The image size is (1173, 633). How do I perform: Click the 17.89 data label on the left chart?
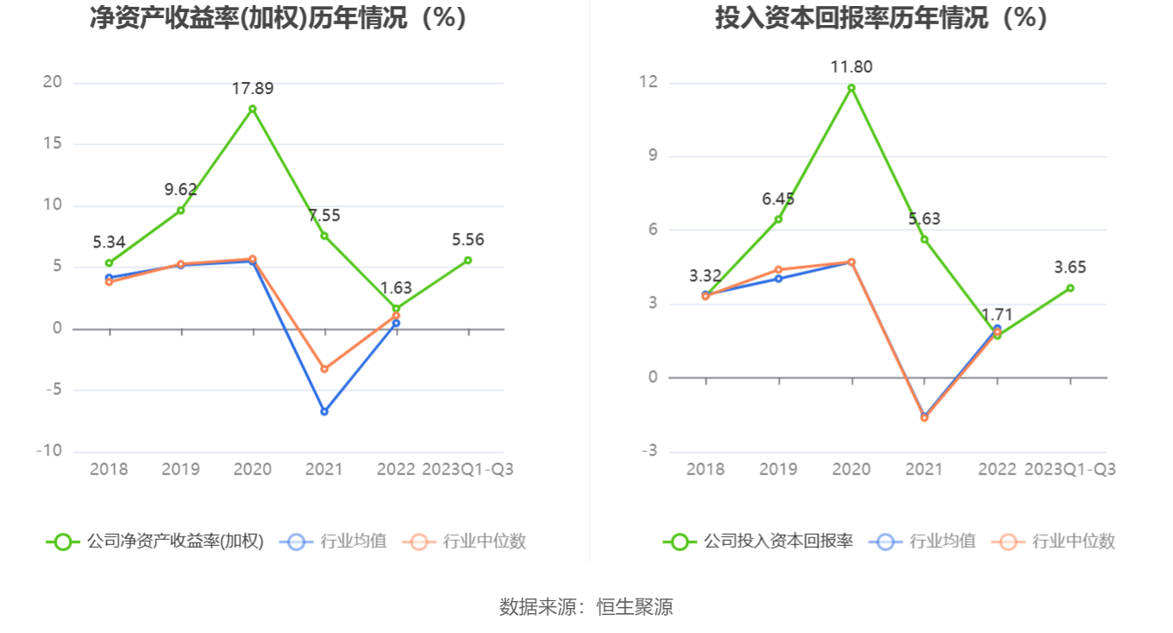pyautogui.click(x=252, y=88)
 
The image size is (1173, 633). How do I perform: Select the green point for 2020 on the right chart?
pyautogui.click(x=851, y=88)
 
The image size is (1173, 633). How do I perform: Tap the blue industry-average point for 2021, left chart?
pyautogui.click(x=324, y=411)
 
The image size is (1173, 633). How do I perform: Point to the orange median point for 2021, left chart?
pyautogui.click(x=324, y=369)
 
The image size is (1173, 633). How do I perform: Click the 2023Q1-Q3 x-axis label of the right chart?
pyautogui.click(x=1069, y=469)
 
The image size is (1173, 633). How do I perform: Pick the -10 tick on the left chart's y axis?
pyautogui.click(x=49, y=451)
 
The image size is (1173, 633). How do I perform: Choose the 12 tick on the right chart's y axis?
pyautogui.click(x=648, y=83)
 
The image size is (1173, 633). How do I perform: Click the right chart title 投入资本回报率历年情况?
pyautogui.click(x=881, y=17)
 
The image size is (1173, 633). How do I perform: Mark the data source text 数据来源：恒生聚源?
pyautogui.click(x=586, y=607)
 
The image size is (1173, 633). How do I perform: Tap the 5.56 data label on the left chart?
pyautogui.click(x=468, y=240)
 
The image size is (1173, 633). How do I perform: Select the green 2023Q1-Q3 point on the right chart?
pyautogui.click(x=1069, y=288)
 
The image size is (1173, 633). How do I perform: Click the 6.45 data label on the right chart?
pyautogui.click(x=778, y=199)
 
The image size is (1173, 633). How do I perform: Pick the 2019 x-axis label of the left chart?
pyautogui.click(x=181, y=469)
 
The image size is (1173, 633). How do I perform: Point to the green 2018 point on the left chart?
pyautogui.click(x=109, y=263)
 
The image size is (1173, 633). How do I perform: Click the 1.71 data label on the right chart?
pyautogui.click(x=997, y=315)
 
